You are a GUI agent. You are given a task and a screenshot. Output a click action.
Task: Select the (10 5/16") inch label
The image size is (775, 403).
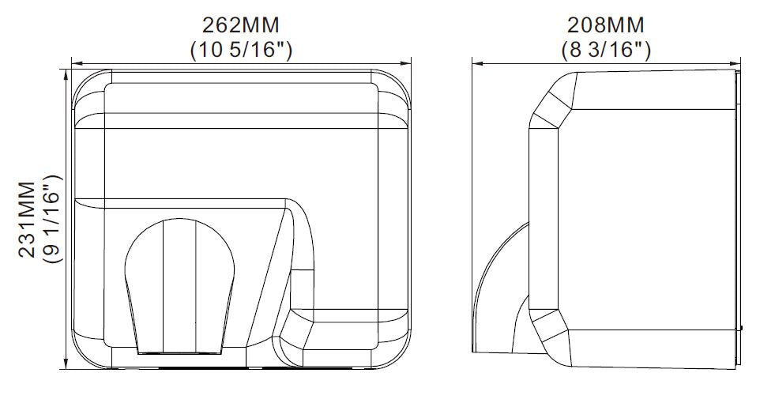tap(243, 50)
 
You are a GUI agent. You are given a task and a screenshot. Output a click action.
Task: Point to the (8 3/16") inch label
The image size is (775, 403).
tap(606, 50)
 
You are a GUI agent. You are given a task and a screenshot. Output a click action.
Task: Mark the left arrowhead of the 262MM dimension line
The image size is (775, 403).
tap(75, 62)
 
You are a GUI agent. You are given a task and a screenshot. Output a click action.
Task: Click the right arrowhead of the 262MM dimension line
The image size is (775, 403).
tap(409, 62)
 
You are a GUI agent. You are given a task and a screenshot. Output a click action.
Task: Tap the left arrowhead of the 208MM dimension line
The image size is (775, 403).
tap(476, 62)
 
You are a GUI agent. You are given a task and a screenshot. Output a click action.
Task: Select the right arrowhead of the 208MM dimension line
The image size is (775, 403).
tap(737, 62)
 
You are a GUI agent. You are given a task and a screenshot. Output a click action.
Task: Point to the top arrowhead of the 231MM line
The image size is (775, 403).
tap(65, 72)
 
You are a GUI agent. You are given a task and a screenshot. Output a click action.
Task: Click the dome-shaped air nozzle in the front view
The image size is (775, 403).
tap(179, 281)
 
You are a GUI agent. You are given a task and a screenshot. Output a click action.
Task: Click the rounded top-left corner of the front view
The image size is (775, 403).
tap(85, 83)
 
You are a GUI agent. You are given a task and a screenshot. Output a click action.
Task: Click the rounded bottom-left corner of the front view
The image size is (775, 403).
tap(87, 352)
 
